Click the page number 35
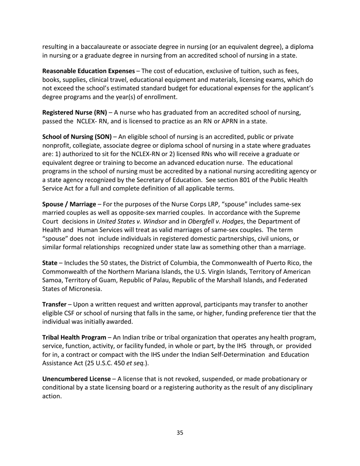click(180, 433)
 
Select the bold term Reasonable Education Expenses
click(88, 71)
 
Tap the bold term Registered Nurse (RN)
click(75, 113)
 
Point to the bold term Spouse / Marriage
click(69, 204)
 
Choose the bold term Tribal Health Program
click(74, 337)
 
